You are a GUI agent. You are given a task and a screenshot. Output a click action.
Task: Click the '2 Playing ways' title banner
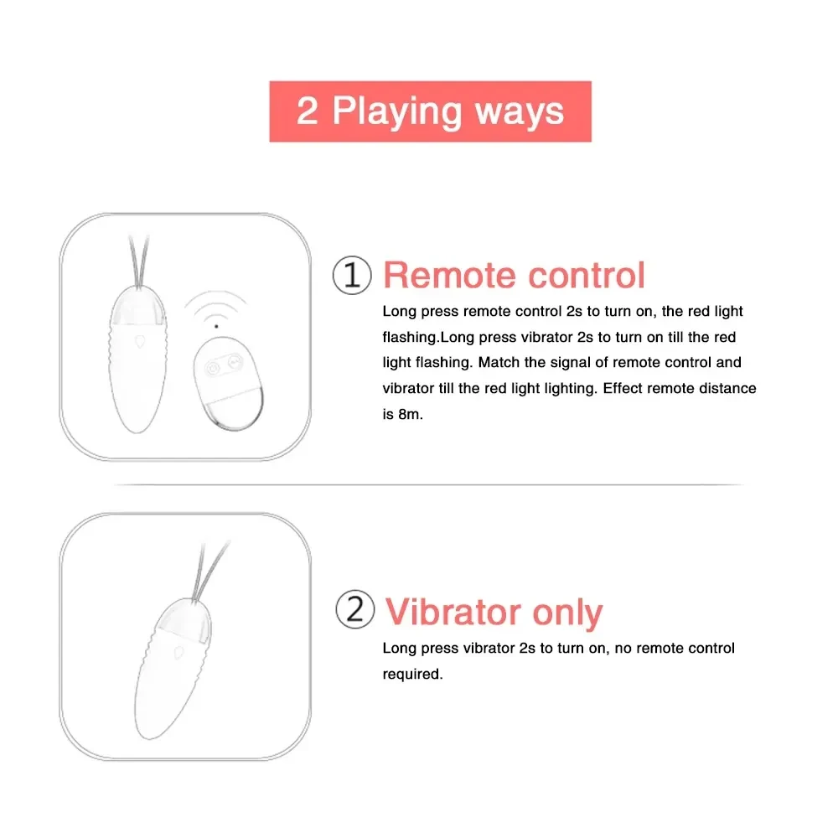click(430, 111)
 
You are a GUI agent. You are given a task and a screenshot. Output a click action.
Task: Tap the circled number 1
click(351, 276)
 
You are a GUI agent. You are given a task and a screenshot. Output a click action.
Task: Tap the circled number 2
click(354, 610)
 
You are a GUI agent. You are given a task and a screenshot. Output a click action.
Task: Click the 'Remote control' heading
click(514, 276)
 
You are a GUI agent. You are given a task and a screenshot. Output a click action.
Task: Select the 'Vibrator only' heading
click(494, 612)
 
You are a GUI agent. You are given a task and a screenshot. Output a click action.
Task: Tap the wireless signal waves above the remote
click(216, 308)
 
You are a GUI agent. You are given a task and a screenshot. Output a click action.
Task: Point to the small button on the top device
click(139, 341)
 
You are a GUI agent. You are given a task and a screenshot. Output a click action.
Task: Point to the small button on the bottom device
click(180, 650)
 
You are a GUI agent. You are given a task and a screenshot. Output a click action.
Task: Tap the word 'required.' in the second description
click(412, 674)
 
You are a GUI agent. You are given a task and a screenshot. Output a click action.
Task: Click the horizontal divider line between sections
click(428, 484)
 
